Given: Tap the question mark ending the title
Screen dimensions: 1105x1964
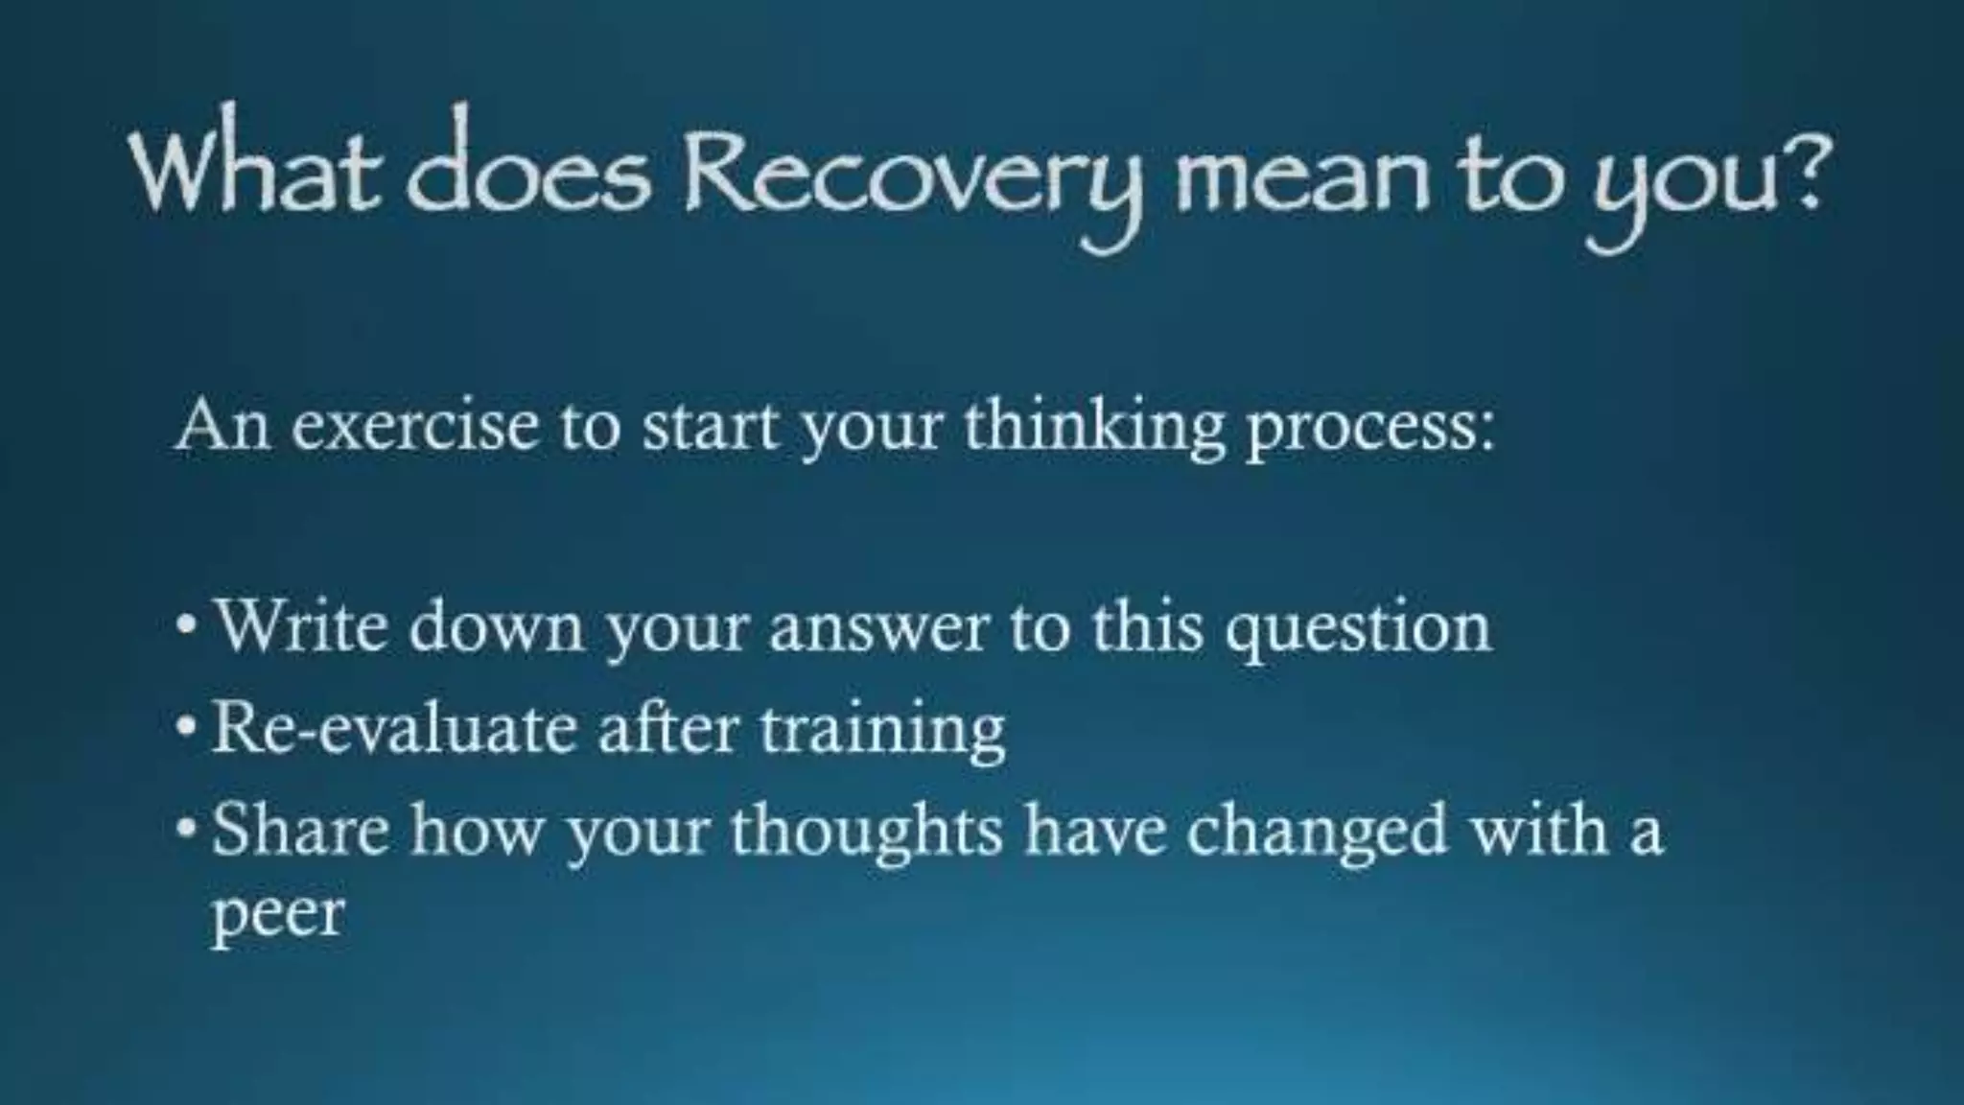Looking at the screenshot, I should click(x=1799, y=171).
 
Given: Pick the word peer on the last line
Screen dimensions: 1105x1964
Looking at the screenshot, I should click(x=276, y=916).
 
